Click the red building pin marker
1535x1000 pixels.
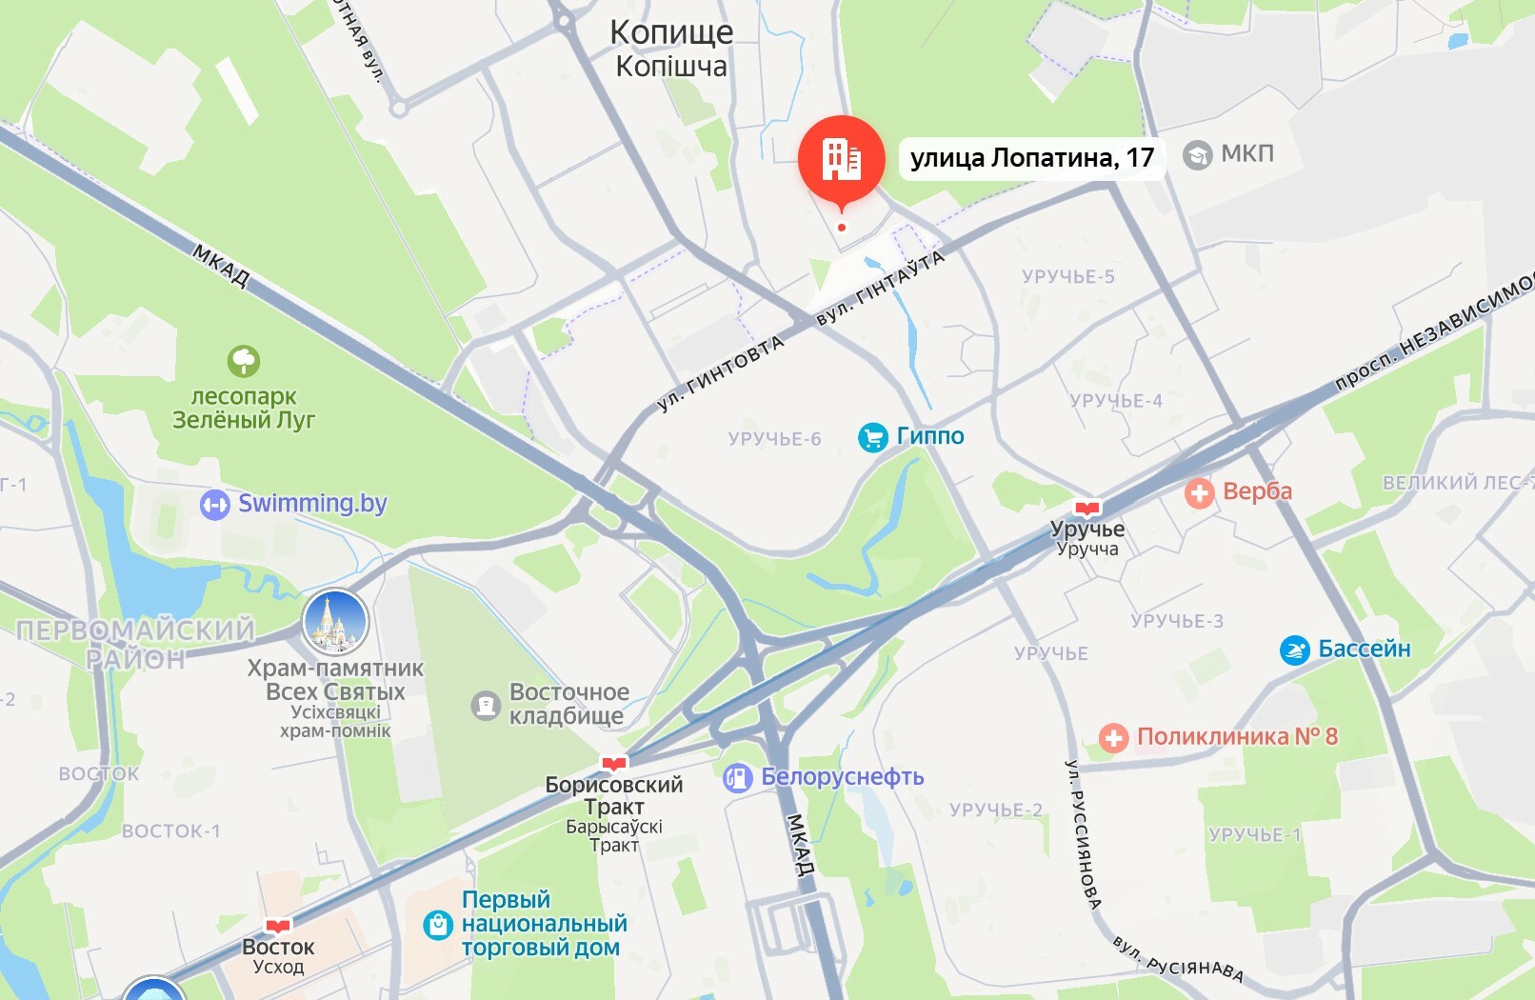coord(841,159)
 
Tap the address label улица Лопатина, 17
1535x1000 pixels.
coord(1032,157)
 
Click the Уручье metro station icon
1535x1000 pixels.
coord(1086,509)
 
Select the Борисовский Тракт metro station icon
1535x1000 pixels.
coord(614,763)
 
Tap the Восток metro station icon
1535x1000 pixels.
coord(277,926)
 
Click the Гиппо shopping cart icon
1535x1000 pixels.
coord(872,437)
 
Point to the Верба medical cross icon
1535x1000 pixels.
coord(1200,492)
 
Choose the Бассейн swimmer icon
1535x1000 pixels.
coord(1294,650)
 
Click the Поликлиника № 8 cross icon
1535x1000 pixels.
coord(1113,737)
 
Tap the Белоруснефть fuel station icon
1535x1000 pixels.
coord(737,778)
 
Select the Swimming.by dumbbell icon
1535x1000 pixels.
coord(215,504)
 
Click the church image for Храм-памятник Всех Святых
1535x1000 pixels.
coord(335,622)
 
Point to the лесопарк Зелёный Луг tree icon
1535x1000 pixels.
coord(244,361)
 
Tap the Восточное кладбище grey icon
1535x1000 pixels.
coord(486,705)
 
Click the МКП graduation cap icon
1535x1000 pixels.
coord(1197,154)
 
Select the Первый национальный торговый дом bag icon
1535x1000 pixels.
coord(437,924)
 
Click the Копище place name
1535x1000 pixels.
coord(671,32)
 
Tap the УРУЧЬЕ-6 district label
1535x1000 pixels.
coord(774,439)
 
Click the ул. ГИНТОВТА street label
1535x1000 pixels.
coord(721,372)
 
